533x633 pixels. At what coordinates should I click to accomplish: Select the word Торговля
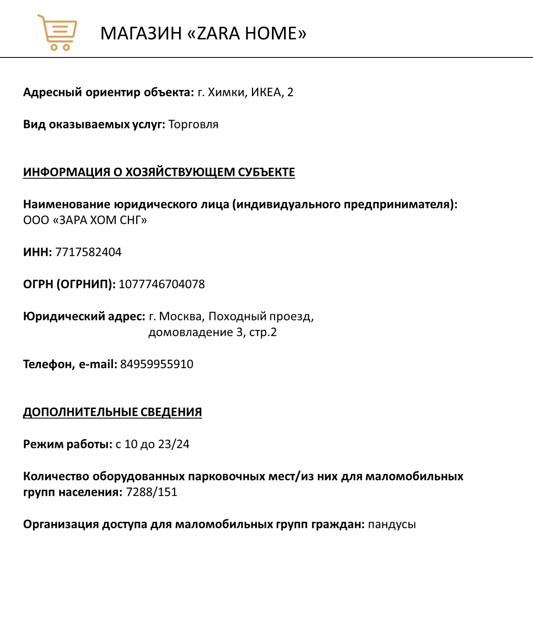[x=193, y=125]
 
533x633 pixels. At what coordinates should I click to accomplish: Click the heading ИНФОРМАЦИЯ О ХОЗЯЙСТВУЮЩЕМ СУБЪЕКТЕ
[x=159, y=172]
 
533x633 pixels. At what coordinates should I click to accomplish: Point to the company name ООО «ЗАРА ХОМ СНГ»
[x=85, y=220]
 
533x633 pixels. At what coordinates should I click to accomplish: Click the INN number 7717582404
[x=88, y=252]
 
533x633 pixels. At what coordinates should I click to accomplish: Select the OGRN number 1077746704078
[x=162, y=284]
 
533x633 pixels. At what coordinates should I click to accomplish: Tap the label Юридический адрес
[x=84, y=316]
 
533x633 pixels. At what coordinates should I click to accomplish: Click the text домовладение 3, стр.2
[x=212, y=332]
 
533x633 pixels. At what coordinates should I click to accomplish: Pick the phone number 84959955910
[x=157, y=364]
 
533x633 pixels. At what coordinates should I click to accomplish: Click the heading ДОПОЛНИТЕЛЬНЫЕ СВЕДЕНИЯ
[x=112, y=412]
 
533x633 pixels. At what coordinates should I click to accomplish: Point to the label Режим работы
[x=67, y=444]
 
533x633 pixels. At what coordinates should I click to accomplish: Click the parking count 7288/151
[x=152, y=492]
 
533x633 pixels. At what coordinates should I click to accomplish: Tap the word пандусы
[x=392, y=524]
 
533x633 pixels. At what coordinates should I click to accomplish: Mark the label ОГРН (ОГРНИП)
[x=69, y=284]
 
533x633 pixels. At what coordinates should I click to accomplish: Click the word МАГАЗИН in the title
[x=141, y=33]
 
